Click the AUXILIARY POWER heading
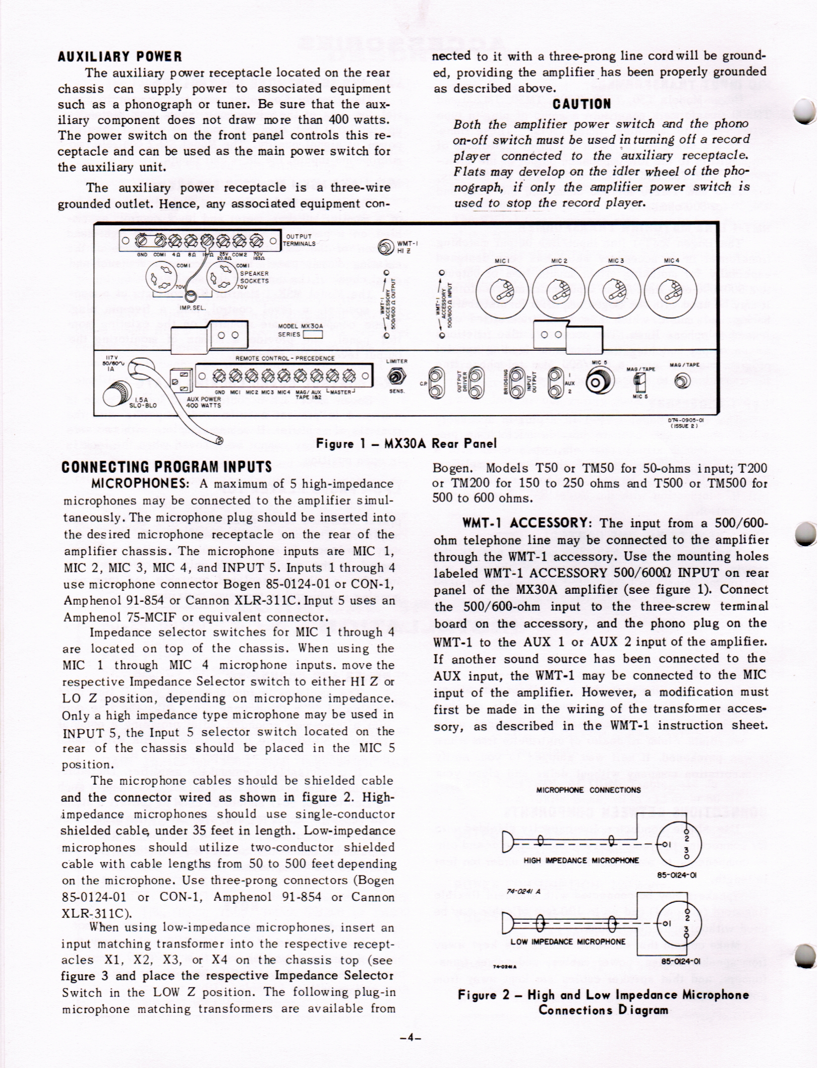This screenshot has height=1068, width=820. click(x=120, y=57)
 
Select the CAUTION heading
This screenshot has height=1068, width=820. click(x=582, y=104)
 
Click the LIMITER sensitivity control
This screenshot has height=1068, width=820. click(x=396, y=379)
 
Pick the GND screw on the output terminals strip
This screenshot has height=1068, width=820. click(x=141, y=241)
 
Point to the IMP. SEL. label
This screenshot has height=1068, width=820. click(x=189, y=307)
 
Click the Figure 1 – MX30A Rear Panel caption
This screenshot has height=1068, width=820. click(x=406, y=443)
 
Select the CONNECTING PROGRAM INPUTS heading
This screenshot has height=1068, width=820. click(x=167, y=467)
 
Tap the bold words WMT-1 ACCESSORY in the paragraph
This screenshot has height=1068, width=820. click(x=525, y=523)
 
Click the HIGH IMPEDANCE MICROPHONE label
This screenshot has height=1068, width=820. click(x=581, y=860)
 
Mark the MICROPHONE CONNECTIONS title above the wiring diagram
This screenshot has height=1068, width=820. click(x=588, y=790)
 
